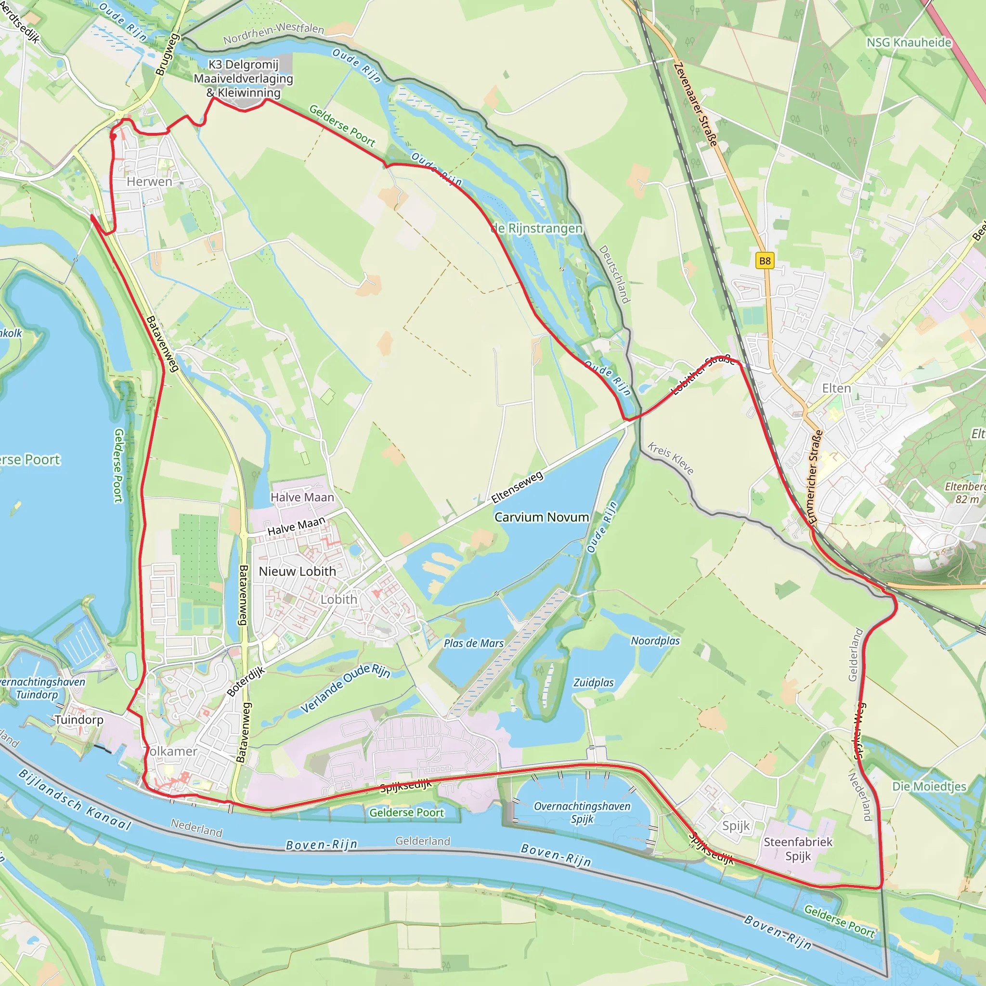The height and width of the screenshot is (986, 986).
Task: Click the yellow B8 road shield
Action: click(x=765, y=261)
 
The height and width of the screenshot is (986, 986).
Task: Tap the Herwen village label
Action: click(x=150, y=182)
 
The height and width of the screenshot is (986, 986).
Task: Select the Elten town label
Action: click(x=836, y=389)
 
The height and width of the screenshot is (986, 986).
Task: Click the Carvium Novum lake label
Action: click(x=542, y=517)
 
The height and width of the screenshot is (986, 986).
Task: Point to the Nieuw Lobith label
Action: click(x=297, y=571)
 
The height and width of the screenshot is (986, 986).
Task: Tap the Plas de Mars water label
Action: click(x=474, y=643)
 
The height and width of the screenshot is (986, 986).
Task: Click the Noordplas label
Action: click(x=655, y=640)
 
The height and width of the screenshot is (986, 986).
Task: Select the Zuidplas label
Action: click(x=594, y=682)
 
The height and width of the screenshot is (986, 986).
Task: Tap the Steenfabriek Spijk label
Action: click(x=798, y=849)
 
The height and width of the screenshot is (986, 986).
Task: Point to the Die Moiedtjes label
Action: click(x=929, y=787)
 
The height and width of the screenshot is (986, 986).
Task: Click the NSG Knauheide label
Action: click(x=909, y=42)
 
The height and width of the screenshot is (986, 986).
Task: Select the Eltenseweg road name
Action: click(x=517, y=487)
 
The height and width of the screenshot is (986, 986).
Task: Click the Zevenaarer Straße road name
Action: click(x=696, y=104)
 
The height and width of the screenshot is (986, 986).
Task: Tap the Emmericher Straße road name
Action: click(x=816, y=476)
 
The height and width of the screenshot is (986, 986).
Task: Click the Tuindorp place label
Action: click(x=78, y=720)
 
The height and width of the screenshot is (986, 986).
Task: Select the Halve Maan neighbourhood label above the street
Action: click(x=302, y=497)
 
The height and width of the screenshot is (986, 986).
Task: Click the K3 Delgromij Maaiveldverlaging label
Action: click(x=244, y=78)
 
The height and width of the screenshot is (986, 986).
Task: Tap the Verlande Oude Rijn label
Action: click(x=345, y=688)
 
